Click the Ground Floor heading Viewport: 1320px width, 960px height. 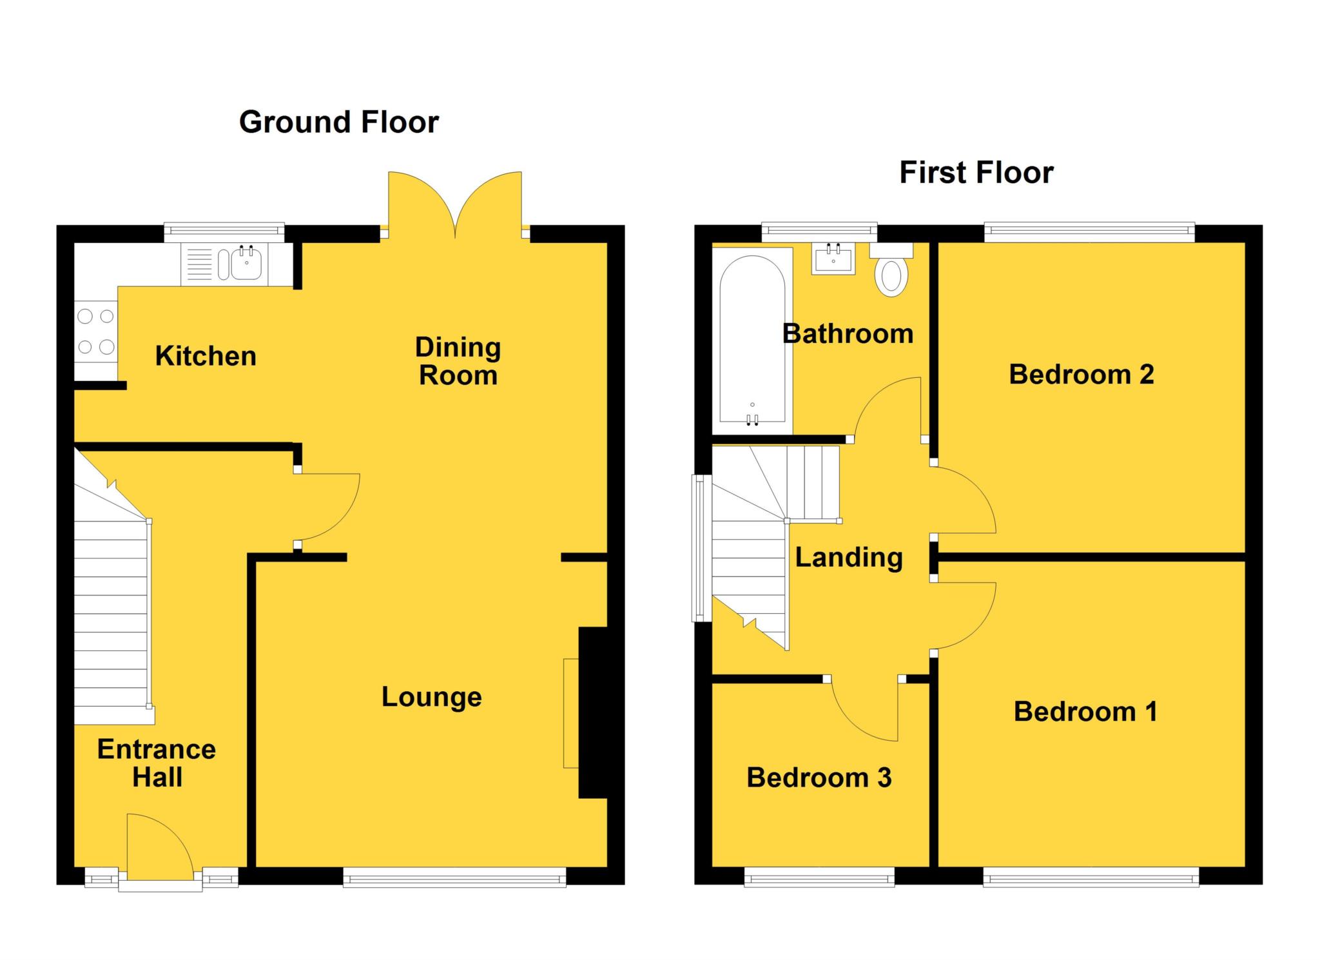(x=338, y=122)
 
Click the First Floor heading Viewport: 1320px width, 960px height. (x=976, y=173)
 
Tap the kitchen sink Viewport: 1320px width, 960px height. (x=245, y=264)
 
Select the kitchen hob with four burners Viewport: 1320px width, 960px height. (x=96, y=331)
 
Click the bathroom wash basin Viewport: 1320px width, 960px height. (x=833, y=259)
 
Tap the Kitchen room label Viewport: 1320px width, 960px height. (x=206, y=356)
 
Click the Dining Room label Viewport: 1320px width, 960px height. (x=458, y=361)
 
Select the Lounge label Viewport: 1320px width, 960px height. (x=431, y=697)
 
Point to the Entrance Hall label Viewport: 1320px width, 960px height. (x=157, y=763)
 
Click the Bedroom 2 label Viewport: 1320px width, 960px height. (x=1081, y=375)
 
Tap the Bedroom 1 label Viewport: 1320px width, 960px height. (x=1085, y=712)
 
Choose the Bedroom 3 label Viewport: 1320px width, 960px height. (x=819, y=778)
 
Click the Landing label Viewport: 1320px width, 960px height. (x=848, y=558)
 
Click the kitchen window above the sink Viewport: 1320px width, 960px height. (x=224, y=231)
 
